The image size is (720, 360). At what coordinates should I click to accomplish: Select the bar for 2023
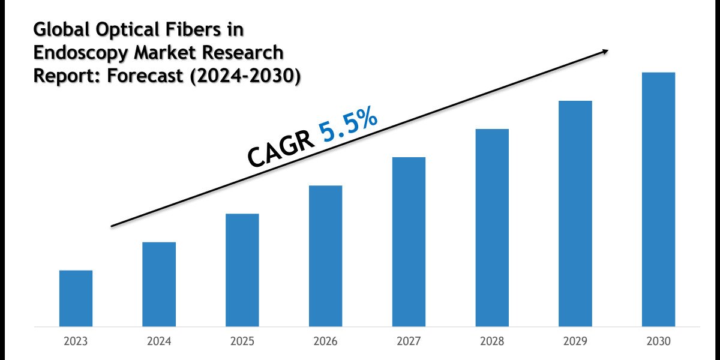[x=76, y=298]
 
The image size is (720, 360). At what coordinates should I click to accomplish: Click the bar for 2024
[x=159, y=284]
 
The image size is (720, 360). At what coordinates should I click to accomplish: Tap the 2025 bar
[x=242, y=270]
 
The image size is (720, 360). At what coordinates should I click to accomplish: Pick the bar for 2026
[x=326, y=256]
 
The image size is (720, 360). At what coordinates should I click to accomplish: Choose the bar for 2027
[x=409, y=242]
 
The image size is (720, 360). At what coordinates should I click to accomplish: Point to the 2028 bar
[x=492, y=228]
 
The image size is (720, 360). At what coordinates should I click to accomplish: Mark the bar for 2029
[x=575, y=214]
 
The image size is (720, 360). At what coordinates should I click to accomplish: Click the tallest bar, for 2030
[x=658, y=200]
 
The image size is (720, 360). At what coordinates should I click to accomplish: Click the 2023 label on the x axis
[x=76, y=341]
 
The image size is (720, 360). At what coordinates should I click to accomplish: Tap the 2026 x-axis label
[x=326, y=341]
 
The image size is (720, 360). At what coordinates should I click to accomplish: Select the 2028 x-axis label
[x=492, y=341]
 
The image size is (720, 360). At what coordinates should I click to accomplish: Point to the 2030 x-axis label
[x=658, y=341]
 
